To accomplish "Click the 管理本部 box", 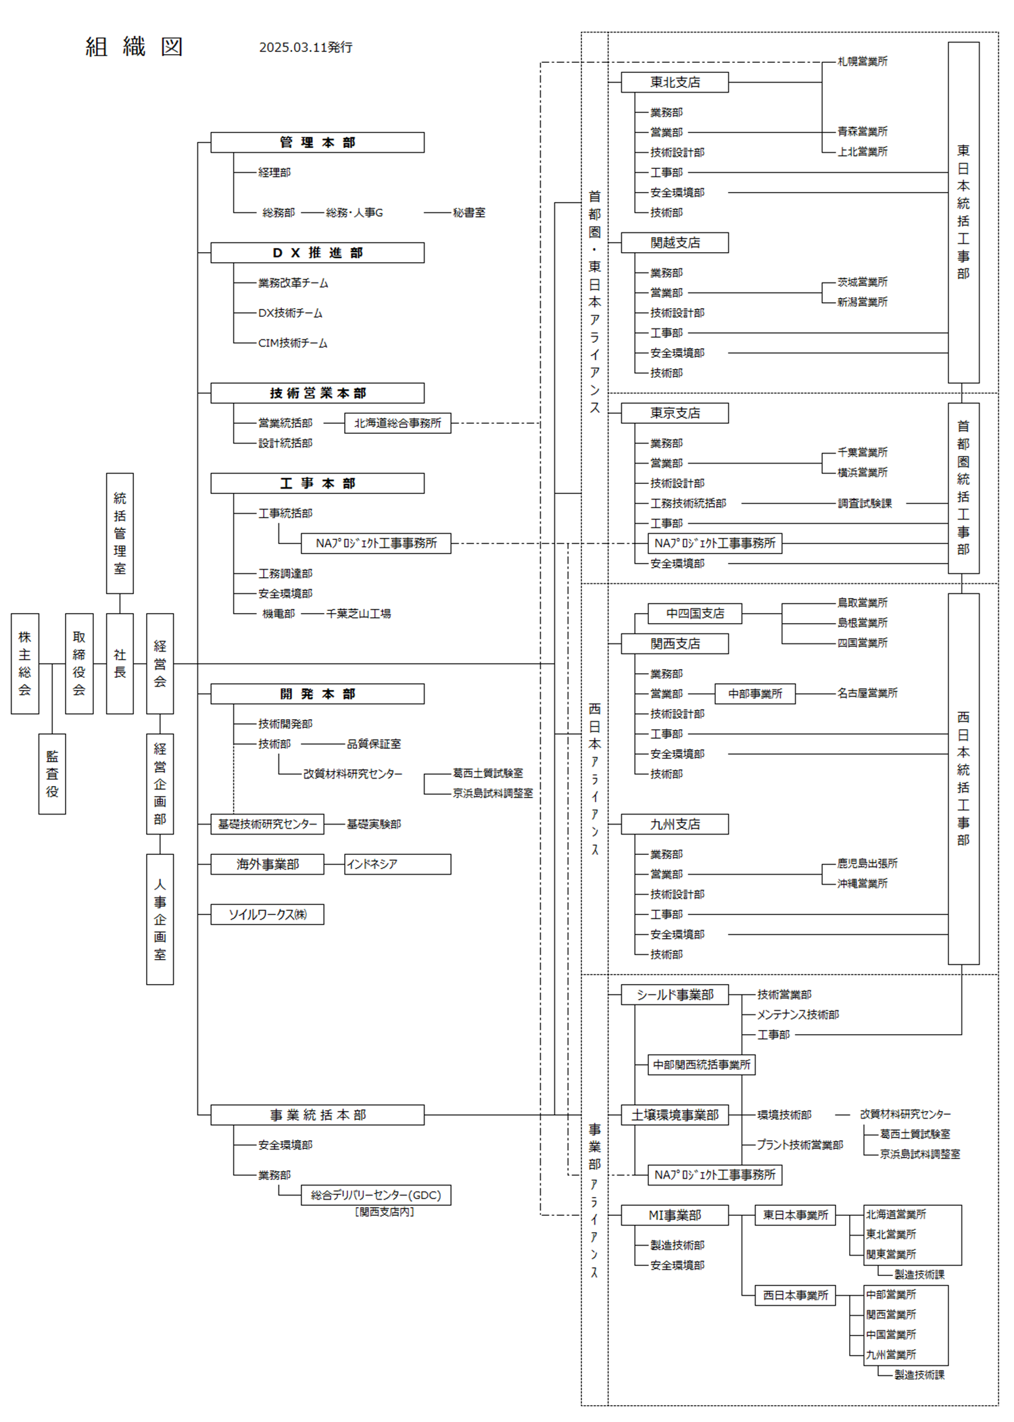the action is coord(317,143).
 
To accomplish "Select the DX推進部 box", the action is coord(317,253).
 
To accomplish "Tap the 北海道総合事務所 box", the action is coord(397,423).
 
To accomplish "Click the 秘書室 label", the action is coord(469,213).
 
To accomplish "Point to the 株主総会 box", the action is coord(25,664).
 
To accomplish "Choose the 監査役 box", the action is coord(52,774).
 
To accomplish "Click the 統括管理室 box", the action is coord(120,533).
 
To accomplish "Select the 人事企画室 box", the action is coord(160,919).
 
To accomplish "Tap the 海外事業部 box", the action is coord(267,864).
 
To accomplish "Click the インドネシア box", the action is coord(397,864).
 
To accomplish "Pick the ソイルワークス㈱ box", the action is coord(267,914).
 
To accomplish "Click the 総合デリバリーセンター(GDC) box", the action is coord(376,1195).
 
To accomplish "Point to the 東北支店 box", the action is coord(675,82).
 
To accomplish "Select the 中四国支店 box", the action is coord(695,614).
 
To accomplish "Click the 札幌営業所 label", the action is coord(863,62).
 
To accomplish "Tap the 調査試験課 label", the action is coord(865,504).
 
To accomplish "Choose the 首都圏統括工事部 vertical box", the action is coord(963,488).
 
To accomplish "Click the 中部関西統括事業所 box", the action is coord(702,1064).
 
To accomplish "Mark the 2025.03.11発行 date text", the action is coord(306,47).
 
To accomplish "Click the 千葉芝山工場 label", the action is coord(358,614).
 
